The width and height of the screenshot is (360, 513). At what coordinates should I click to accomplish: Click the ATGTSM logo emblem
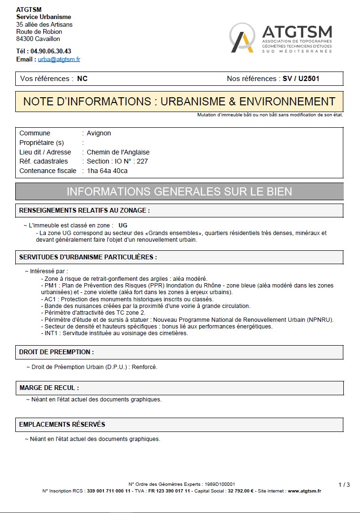(x=243, y=38)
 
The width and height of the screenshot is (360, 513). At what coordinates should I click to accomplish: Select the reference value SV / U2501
(x=301, y=79)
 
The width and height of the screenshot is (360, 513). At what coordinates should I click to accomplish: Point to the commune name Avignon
(x=99, y=133)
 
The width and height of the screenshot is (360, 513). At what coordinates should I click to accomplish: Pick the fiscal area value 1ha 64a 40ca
(x=107, y=171)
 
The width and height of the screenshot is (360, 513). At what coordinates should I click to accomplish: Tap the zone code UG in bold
(x=123, y=225)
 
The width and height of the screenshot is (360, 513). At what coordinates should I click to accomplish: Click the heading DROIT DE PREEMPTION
(x=56, y=352)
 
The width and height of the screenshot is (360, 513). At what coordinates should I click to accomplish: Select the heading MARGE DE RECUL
(x=49, y=388)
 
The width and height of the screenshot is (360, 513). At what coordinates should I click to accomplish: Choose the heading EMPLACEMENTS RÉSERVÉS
(x=62, y=424)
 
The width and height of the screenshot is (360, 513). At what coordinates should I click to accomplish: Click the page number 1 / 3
(x=344, y=485)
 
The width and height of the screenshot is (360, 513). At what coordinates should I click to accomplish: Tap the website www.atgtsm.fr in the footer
(x=304, y=491)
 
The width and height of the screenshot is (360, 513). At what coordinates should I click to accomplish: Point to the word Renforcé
(x=145, y=367)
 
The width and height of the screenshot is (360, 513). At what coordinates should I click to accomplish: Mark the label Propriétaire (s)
(x=41, y=143)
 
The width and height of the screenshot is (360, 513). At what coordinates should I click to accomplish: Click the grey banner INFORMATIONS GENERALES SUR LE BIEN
(x=179, y=192)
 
